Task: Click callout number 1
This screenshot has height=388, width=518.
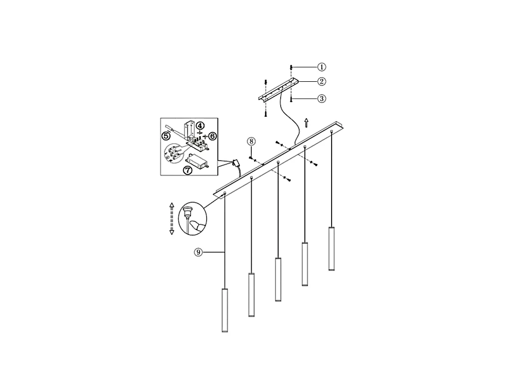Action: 321,67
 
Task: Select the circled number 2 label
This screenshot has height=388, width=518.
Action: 321,81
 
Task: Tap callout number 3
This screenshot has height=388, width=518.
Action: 321,99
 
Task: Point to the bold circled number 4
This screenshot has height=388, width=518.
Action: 200,125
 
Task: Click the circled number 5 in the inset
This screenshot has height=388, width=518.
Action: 166,135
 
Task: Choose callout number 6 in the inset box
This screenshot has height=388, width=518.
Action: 212,135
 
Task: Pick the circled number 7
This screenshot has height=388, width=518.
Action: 188,169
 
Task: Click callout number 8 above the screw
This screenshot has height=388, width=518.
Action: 251,141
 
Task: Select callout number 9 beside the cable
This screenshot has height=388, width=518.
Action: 198,252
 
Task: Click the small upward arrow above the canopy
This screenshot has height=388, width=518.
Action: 306,122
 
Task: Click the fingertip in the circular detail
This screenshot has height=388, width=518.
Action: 196,225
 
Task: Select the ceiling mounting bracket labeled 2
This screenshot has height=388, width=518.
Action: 278,90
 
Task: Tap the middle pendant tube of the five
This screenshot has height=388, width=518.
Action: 278,279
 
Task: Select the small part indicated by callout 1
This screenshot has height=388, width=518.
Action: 291,67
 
